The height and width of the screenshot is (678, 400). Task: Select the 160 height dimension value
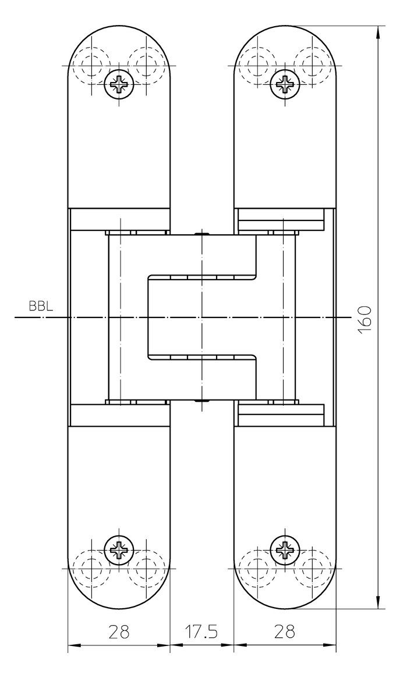(x=366, y=319)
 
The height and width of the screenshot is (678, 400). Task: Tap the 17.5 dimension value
(x=202, y=631)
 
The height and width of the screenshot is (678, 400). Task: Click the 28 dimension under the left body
(x=119, y=631)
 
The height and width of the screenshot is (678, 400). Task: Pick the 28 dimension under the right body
(x=284, y=631)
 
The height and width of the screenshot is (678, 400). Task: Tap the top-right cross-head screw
(x=284, y=83)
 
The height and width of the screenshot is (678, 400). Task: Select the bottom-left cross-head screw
(x=119, y=551)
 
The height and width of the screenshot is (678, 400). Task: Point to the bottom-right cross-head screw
(x=284, y=551)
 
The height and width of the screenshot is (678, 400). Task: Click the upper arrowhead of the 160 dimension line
(x=379, y=32)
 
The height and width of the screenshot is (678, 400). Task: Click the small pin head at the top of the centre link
(x=202, y=234)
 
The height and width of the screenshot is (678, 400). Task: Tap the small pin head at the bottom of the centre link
(x=202, y=401)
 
